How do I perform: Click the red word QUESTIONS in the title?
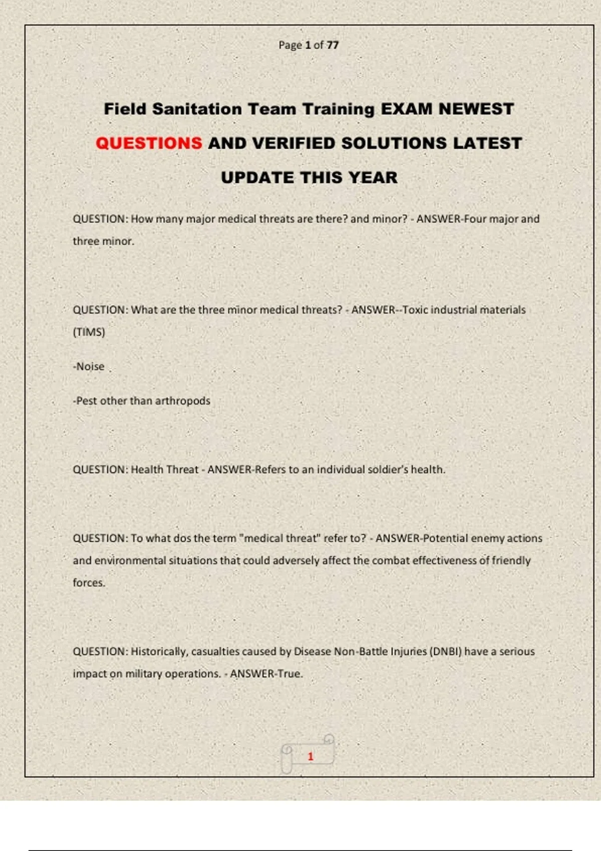pos(149,143)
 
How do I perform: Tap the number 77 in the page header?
pos(333,45)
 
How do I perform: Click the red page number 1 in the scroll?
pos(311,756)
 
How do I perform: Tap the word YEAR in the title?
pos(373,177)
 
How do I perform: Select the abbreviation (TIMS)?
pos(89,332)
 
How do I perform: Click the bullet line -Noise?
pos(89,366)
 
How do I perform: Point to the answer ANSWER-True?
pos(266,674)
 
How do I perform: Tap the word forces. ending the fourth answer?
pos(89,583)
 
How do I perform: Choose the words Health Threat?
pos(164,470)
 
